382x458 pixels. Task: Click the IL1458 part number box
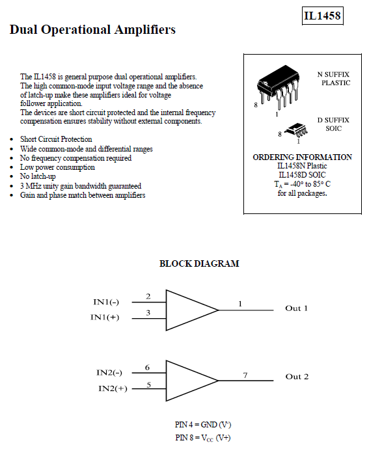tap(322, 16)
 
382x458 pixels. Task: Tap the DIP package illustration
tap(278, 87)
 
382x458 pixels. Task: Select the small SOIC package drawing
tap(296, 130)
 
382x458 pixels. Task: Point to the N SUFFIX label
tap(333, 74)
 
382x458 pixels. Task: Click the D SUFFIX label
tap(333, 120)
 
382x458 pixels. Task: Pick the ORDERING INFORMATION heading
tap(302, 157)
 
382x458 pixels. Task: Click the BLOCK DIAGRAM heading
tap(199, 263)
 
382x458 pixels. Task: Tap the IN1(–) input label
tap(106, 302)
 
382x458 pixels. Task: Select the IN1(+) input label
tap(105, 317)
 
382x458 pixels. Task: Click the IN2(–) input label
tap(109, 373)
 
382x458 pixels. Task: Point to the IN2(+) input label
tap(113, 388)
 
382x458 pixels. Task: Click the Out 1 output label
tap(296, 308)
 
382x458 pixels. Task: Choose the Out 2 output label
tap(297, 377)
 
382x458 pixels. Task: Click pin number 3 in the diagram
tap(148, 313)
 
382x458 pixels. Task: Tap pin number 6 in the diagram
tap(147, 368)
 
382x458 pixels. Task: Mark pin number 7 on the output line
tap(245, 375)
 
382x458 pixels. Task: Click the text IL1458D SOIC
tap(302, 175)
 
